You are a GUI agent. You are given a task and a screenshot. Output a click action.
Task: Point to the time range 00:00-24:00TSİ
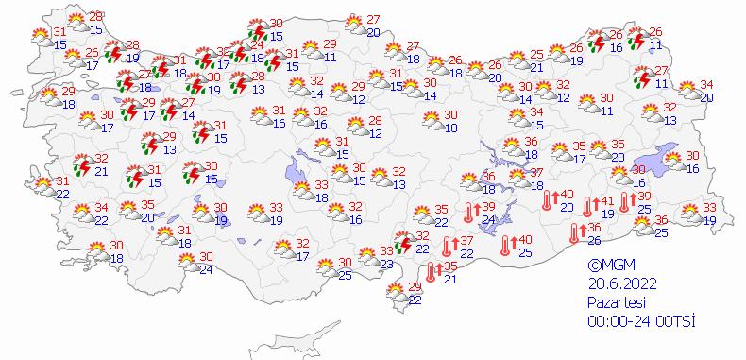coord(640,321)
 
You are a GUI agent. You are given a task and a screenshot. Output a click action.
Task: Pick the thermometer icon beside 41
coord(588,206)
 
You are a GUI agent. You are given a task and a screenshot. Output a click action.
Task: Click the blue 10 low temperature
coord(451,128)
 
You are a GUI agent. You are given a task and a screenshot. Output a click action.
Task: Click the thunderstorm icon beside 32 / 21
coord(81,166)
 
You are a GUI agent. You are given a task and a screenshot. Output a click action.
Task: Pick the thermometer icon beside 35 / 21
coord(431,273)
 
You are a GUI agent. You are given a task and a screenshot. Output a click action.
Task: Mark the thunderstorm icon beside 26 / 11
coord(637,38)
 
